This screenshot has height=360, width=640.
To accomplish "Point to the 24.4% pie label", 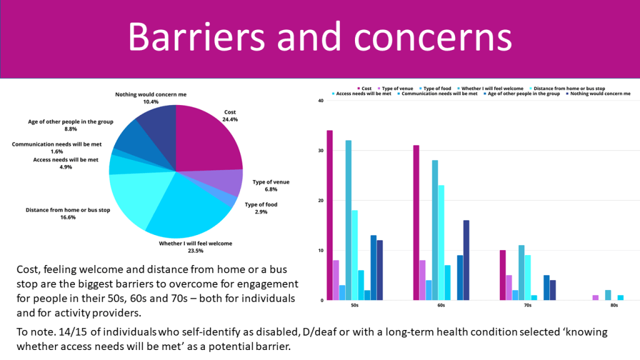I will (x=230, y=119).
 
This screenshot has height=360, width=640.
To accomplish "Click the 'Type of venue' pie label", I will (x=271, y=182).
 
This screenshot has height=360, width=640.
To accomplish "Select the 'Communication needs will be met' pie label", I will (x=54, y=144).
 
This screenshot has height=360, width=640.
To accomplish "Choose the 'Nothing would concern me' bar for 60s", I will (x=466, y=260).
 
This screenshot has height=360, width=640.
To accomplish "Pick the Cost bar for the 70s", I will (x=502, y=275).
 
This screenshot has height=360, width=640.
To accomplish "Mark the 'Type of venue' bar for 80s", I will (x=595, y=297).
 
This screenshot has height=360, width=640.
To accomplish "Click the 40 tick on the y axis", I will (x=320, y=101).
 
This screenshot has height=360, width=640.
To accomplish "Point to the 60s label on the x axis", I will (x=441, y=306).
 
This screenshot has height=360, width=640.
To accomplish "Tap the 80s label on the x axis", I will (x=614, y=306).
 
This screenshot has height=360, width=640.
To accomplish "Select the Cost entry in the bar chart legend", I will (x=365, y=89).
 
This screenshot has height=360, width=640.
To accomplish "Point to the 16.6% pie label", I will (x=68, y=217).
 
